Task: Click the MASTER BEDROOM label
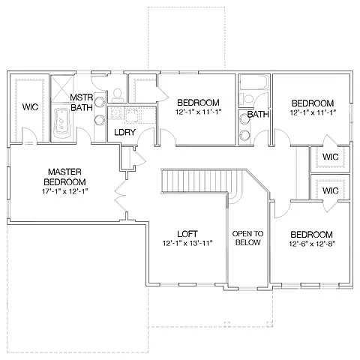pyautogui.click(x=64, y=177)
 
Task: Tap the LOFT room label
pyautogui.click(x=187, y=233)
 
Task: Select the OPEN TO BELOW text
pyautogui.click(x=247, y=237)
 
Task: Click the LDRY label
pyautogui.click(x=124, y=133)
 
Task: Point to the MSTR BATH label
pyautogui.click(x=81, y=103)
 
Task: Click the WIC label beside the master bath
pyautogui.click(x=30, y=107)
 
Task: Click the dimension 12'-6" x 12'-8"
pyautogui.click(x=311, y=244)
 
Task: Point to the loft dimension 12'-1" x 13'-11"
pyautogui.click(x=187, y=244)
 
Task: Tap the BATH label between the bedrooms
pyautogui.click(x=258, y=115)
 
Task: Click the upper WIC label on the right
pyautogui.click(x=330, y=157)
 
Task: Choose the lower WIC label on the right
pyautogui.click(x=330, y=190)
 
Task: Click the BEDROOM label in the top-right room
pyautogui.click(x=312, y=103)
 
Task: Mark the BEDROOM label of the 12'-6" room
pyautogui.click(x=311, y=233)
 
